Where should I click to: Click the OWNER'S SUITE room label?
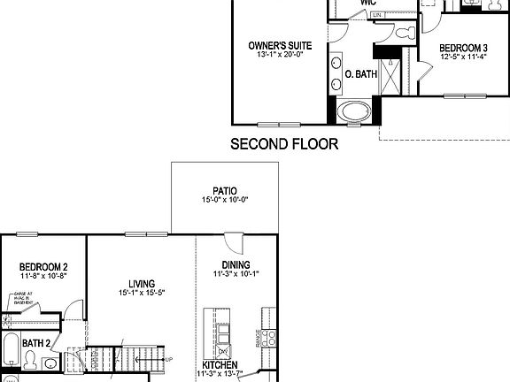279,44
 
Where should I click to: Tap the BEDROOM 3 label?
464,48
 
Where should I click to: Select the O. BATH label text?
360,74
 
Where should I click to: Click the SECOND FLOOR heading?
283,143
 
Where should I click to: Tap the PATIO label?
224,189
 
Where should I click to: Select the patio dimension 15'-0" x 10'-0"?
224,199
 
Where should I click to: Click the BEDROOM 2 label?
43,267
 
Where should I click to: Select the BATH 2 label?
35,343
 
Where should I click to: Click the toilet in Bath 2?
30,360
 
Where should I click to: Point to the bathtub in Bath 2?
10,351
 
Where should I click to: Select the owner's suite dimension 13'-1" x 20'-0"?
279,54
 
